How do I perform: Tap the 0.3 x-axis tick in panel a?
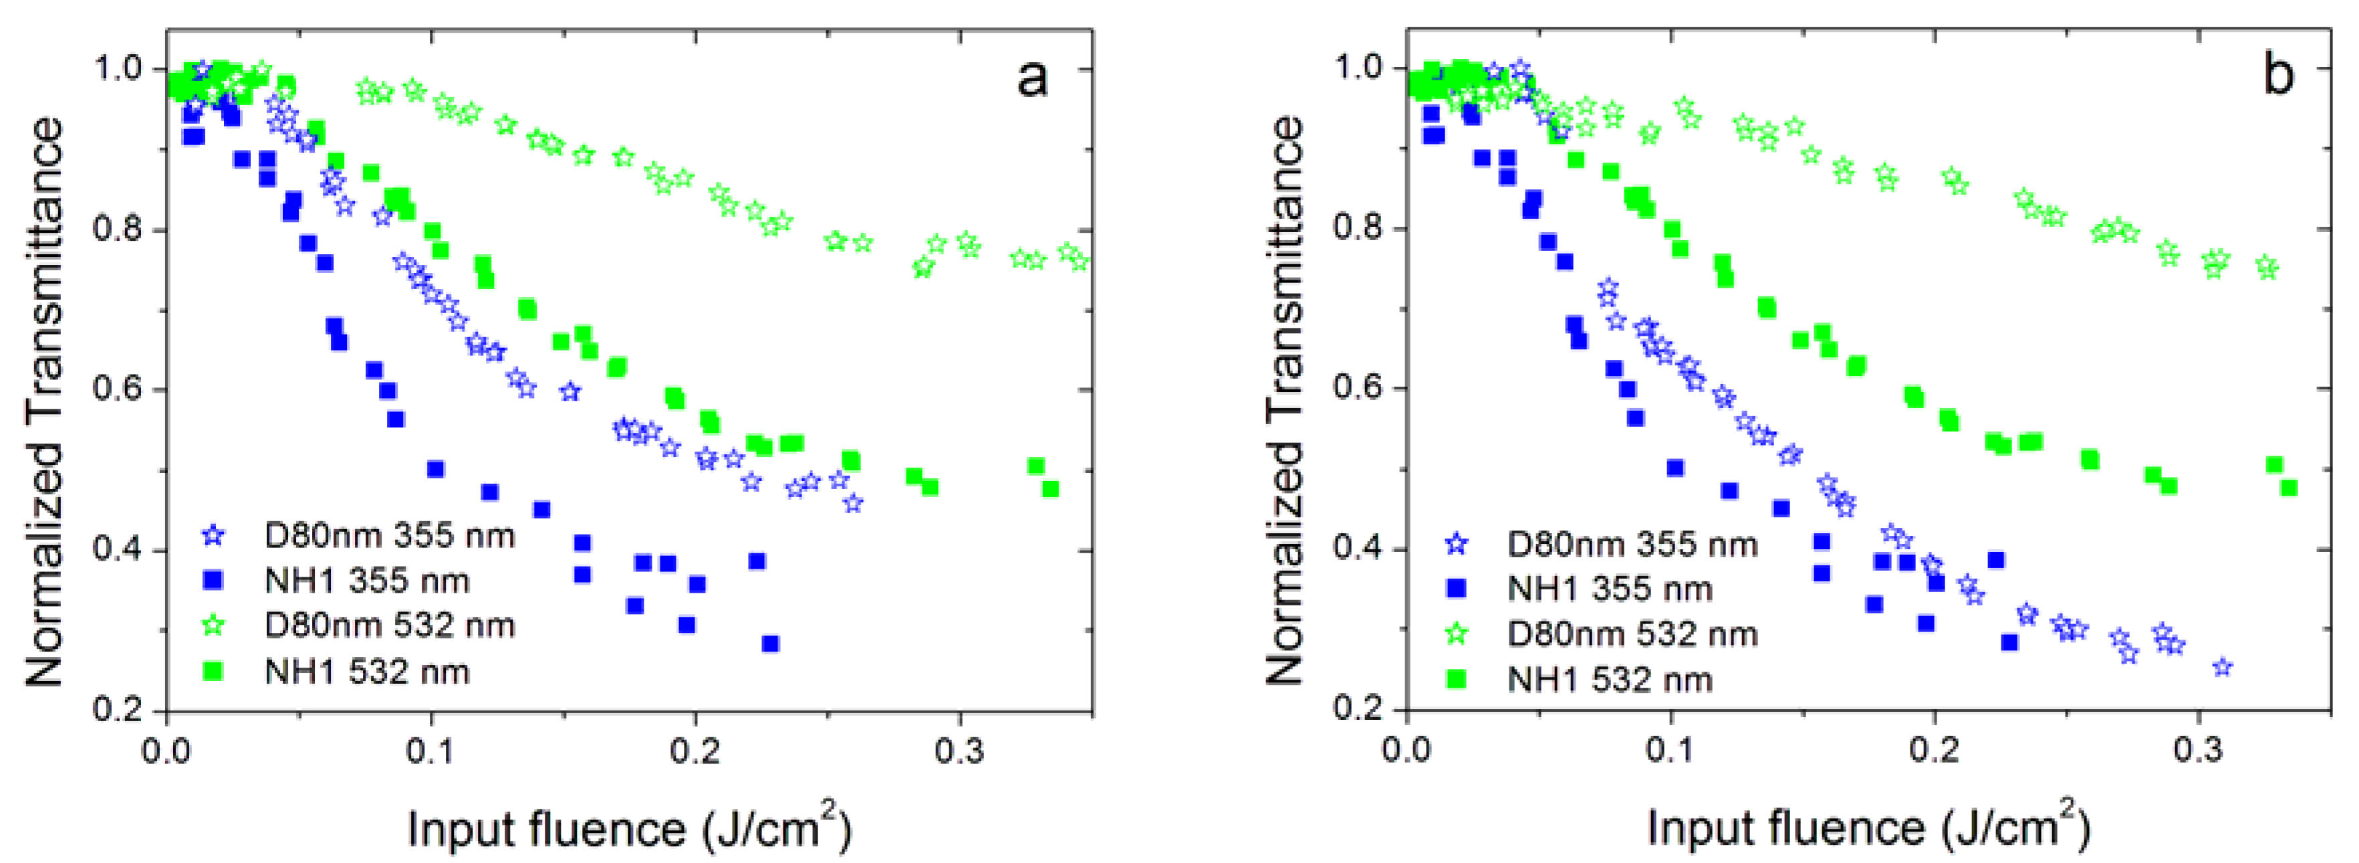(x=959, y=751)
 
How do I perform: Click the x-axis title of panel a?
(x=629, y=828)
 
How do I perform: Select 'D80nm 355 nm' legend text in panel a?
(x=389, y=536)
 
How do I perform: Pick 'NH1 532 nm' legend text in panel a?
(x=366, y=672)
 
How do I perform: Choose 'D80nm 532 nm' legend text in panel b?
(x=1632, y=634)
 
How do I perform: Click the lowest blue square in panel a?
(x=770, y=644)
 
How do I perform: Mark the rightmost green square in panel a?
(x=1050, y=489)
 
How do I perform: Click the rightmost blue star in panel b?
(x=2222, y=667)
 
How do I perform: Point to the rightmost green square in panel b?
(x=2289, y=488)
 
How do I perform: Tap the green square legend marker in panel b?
(x=1455, y=679)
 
